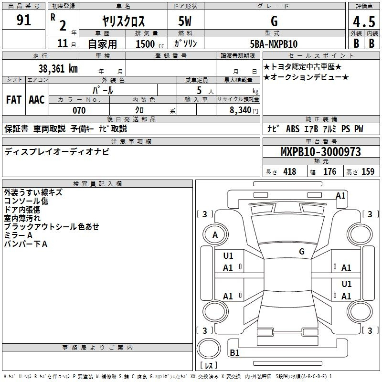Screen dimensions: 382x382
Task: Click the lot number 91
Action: (x=23, y=20)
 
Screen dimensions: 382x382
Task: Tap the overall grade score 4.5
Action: (x=364, y=21)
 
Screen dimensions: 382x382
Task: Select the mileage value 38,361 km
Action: (x=58, y=69)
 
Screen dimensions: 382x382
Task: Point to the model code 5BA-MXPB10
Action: (x=274, y=44)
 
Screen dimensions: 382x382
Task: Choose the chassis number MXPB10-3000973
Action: (x=321, y=152)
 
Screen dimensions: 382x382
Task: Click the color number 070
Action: (x=79, y=110)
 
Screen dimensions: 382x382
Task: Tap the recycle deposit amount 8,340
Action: (x=241, y=110)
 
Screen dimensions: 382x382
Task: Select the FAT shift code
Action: (x=14, y=100)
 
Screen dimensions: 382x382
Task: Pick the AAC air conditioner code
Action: (x=37, y=100)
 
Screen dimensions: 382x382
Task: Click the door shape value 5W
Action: (x=185, y=21)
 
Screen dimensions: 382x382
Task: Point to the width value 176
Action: (x=329, y=171)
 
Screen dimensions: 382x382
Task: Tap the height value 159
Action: (x=368, y=171)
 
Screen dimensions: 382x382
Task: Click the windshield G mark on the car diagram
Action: (x=302, y=251)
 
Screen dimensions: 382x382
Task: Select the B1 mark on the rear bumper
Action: (x=234, y=352)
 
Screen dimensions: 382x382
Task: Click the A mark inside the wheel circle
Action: (x=215, y=235)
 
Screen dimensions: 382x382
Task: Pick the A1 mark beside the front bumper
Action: (x=340, y=196)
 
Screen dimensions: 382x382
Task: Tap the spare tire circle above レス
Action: (x=209, y=348)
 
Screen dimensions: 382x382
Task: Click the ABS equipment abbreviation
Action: (x=293, y=129)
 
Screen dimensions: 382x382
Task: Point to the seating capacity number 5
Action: (x=199, y=90)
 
